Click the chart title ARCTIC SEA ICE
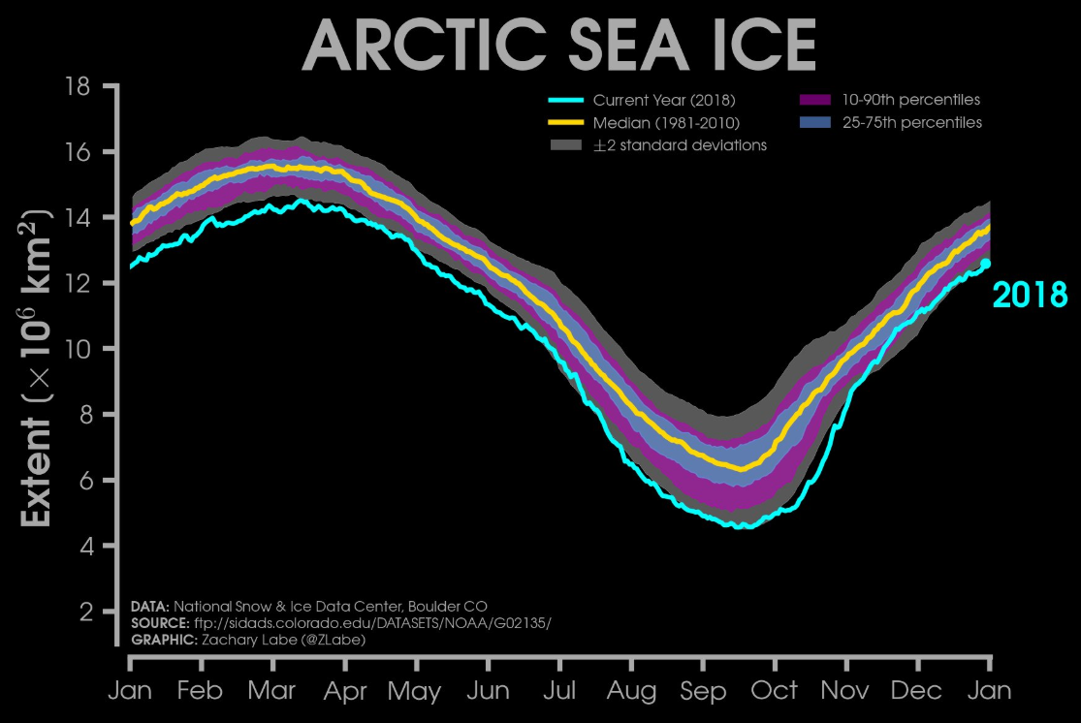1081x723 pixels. (559, 44)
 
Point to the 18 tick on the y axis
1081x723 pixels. (78, 86)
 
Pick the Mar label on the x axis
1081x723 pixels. (272, 691)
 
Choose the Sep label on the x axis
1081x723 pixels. (703, 691)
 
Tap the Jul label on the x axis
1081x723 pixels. (559, 691)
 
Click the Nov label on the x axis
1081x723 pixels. (846, 691)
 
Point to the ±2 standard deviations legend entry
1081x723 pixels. (680, 145)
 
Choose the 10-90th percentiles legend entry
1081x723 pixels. (911, 100)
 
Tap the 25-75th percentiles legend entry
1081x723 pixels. (911, 123)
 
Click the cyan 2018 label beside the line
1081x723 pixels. (1030, 295)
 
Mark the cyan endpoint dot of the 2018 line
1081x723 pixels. (986, 263)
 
